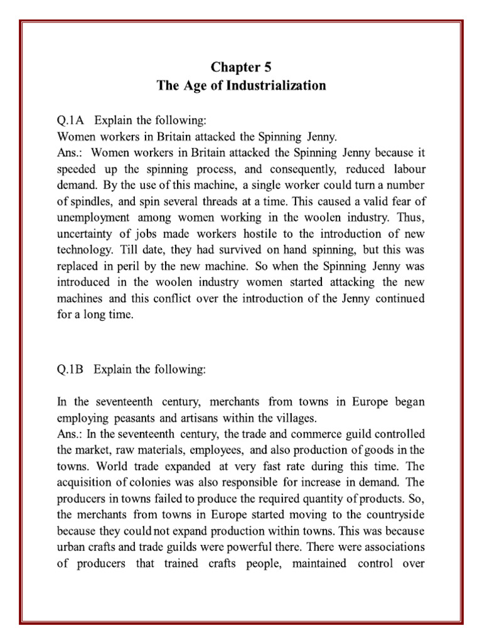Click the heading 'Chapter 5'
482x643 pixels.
pyautogui.click(x=241, y=67)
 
